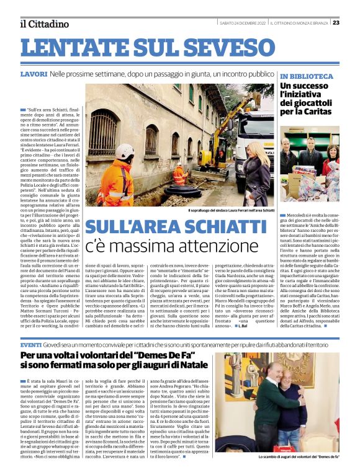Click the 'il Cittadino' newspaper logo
44,24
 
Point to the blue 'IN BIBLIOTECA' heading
307,76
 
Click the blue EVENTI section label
31,343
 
